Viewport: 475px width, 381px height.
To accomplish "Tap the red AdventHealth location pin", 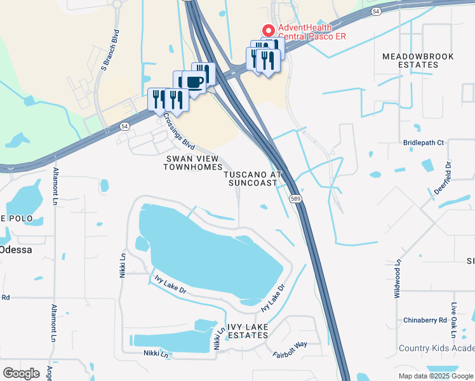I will pos(269,30).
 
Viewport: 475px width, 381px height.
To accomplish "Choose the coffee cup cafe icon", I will pos(194,81).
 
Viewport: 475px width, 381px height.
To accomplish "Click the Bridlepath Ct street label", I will pos(423,143).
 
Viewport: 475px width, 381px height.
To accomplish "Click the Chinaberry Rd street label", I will pos(425,321).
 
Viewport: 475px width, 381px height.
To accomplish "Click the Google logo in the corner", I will pos(21,373).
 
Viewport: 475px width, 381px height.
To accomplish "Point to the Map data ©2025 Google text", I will pos(435,376).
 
